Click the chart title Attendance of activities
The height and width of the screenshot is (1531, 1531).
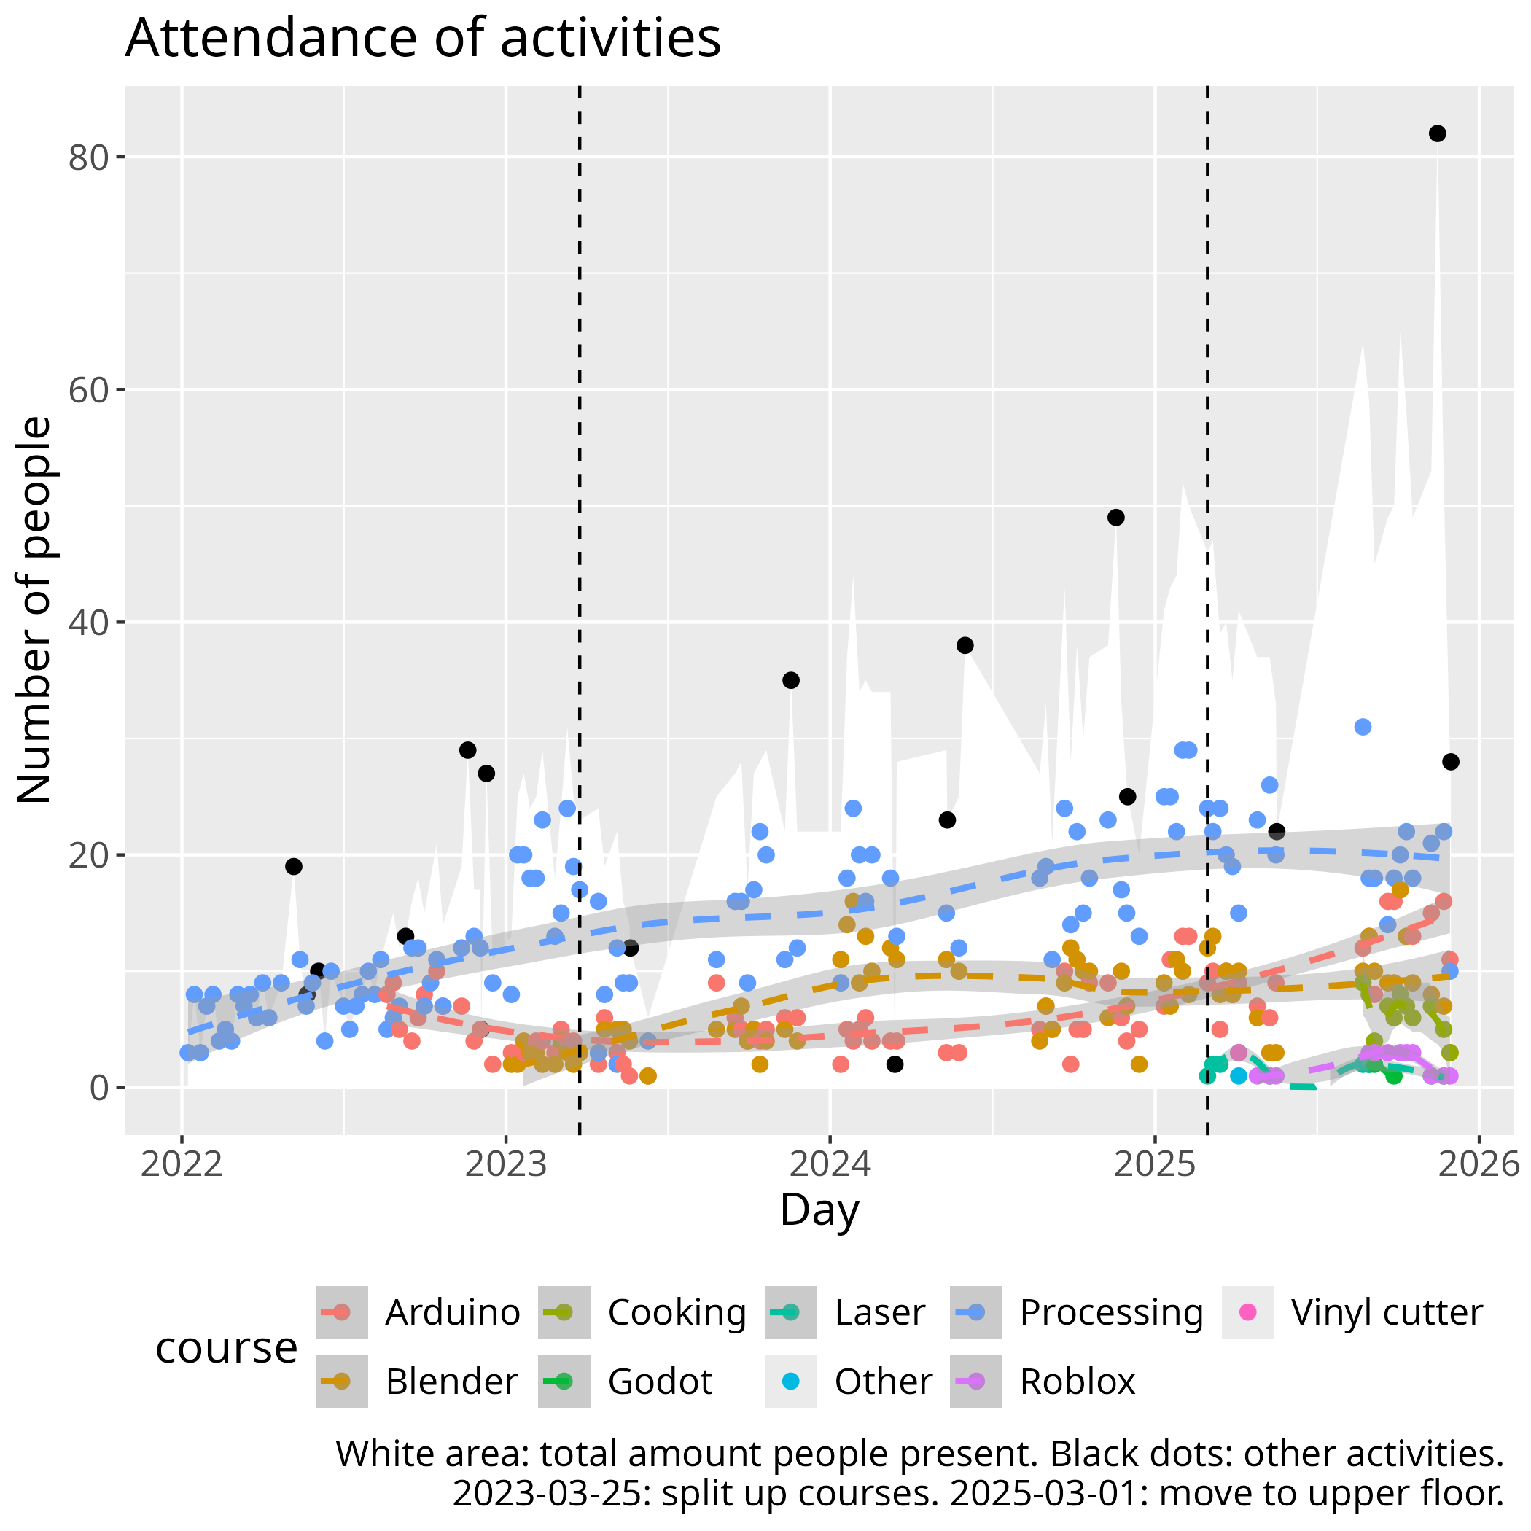click(x=422, y=38)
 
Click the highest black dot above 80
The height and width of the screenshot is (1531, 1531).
click(x=1437, y=134)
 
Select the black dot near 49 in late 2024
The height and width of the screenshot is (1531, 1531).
click(x=1115, y=518)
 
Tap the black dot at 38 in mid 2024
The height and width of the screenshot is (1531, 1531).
click(x=965, y=645)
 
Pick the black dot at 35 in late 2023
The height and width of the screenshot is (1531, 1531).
click(x=791, y=680)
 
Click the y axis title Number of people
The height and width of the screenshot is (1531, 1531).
click(x=35, y=610)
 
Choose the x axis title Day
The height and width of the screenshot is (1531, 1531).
click(x=819, y=1211)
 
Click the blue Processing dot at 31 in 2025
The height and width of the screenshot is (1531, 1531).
click(x=1362, y=727)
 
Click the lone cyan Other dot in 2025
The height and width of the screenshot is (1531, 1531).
click(x=1238, y=1076)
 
